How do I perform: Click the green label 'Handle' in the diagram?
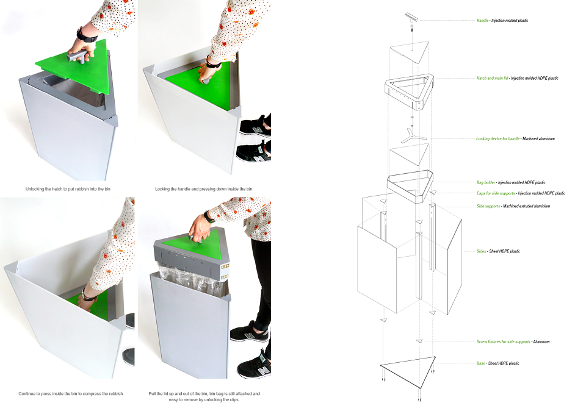(482, 21)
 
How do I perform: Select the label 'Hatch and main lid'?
(492, 79)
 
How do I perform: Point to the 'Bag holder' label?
(485, 182)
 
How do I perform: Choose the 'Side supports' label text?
(488, 206)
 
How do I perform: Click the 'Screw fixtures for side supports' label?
(503, 341)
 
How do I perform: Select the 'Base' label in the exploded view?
(480, 363)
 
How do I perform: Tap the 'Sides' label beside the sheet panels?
(481, 251)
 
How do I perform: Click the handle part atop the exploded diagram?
(412, 19)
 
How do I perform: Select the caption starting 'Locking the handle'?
(204, 189)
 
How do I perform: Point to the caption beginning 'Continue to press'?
(71, 393)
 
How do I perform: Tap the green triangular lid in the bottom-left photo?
(90, 303)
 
